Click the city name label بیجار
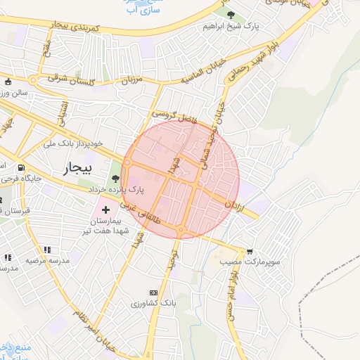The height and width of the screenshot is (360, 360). point(78,168)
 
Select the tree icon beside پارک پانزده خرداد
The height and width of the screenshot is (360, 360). point(115,179)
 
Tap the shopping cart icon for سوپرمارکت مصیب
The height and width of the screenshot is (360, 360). point(250,251)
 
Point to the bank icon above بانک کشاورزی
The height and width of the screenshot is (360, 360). point(153,292)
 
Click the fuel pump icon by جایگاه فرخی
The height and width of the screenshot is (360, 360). point(20,168)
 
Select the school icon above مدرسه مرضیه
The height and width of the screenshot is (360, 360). point(47,250)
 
